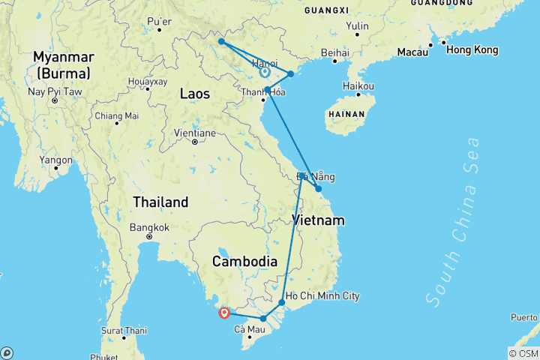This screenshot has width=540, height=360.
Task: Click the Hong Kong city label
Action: point(472,49)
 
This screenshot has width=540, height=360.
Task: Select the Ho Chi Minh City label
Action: point(323,296)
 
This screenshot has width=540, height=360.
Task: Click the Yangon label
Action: point(56,160)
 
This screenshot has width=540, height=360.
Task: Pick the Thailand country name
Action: point(160,202)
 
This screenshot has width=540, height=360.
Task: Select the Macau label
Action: point(412,52)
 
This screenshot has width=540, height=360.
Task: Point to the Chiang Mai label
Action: point(116,115)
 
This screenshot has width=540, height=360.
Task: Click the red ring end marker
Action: point(223,313)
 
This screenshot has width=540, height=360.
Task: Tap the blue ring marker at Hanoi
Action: point(264,73)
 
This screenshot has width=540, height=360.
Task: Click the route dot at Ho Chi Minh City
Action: point(282,303)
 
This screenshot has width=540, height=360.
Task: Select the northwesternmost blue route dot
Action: point(222,42)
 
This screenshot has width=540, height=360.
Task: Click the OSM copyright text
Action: point(523,353)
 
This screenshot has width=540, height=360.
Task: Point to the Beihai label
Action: point(334,52)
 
